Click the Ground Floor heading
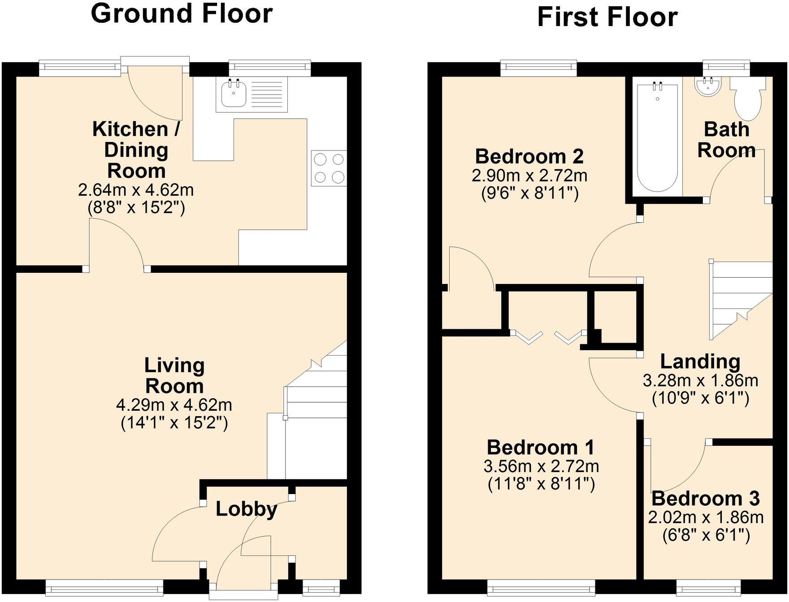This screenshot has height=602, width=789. point(182,13)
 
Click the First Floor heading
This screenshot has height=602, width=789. point(607,17)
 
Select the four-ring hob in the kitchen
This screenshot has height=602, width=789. point(329,168)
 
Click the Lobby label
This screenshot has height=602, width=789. point(246,509)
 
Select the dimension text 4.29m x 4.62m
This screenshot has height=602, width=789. point(174,405)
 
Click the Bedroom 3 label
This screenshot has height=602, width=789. point(706,499)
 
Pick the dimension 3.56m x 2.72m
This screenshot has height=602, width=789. point(541,467)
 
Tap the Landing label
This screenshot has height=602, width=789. point(700,361)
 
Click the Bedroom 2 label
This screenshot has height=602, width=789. point(529,156)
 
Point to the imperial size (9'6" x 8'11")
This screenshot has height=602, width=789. point(529,193)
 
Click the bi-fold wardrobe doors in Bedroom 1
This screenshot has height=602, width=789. point(549,337)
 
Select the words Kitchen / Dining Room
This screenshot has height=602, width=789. point(136,150)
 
